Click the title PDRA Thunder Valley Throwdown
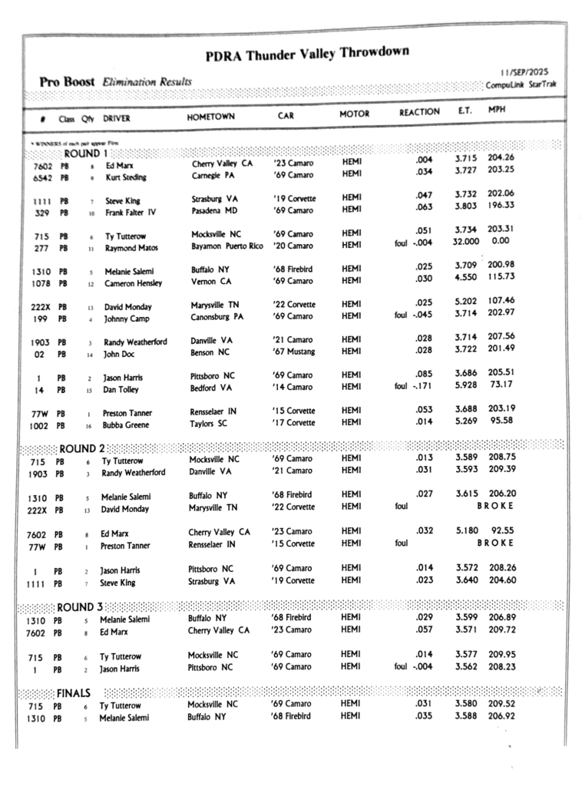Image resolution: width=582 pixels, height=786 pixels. pyautogui.click(x=307, y=54)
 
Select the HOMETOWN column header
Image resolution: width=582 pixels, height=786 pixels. pyautogui.click(x=210, y=117)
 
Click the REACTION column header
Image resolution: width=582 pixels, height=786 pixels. pyautogui.click(x=419, y=113)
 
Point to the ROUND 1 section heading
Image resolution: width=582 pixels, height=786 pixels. pyautogui.click(x=82, y=153)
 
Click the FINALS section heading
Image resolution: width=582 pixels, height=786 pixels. pyautogui.click(x=74, y=692)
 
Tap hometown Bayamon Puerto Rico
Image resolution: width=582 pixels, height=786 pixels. pyautogui.click(x=227, y=246)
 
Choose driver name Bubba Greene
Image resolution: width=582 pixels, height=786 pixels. pyautogui.click(x=127, y=424)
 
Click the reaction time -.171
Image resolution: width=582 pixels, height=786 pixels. pyautogui.click(x=419, y=385)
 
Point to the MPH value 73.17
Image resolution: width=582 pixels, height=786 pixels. pyautogui.click(x=502, y=384)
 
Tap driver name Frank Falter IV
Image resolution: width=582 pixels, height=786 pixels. pyautogui.click(x=131, y=213)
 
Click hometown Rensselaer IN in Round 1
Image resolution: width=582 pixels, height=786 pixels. pyautogui.click(x=213, y=411)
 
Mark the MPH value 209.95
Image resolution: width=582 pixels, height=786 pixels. pyautogui.click(x=502, y=655)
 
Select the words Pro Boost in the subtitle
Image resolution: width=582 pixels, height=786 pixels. pyautogui.click(x=68, y=82)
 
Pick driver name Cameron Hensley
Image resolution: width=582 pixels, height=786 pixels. pyautogui.click(x=134, y=283)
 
